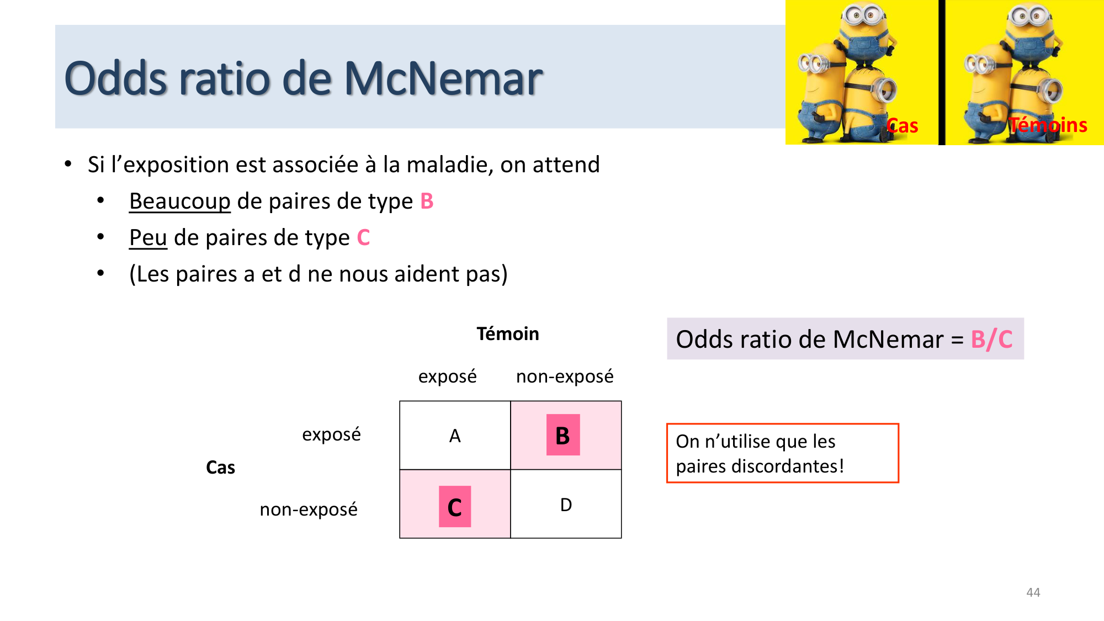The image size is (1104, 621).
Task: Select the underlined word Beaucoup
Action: click(x=179, y=201)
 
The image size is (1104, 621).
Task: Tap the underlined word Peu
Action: click(x=148, y=238)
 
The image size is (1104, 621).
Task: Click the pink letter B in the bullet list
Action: click(x=427, y=201)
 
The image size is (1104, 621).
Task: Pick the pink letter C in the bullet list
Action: click(x=363, y=238)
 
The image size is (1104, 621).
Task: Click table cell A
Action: click(x=454, y=436)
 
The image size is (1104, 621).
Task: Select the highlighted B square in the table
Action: click(x=562, y=435)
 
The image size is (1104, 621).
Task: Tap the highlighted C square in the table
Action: click(x=454, y=507)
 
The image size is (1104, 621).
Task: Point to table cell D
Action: click(x=566, y=505)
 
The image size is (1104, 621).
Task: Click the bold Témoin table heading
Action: click(x=507, y=334)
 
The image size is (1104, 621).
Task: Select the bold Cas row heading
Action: click(x=220, y=468)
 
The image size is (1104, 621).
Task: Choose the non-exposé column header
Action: click(x=564, y=376)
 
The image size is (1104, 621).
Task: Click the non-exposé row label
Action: click(x=309, y=509)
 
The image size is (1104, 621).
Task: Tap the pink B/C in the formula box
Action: click(x=991, y=339)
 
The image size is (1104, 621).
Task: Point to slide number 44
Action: click(x=1033, y=592)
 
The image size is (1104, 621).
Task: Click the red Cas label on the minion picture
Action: click(x=903, y=126)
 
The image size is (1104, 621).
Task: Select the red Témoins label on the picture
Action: click(x=1048, y=125)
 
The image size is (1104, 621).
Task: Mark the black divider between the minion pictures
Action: click(x=942, y=72)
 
